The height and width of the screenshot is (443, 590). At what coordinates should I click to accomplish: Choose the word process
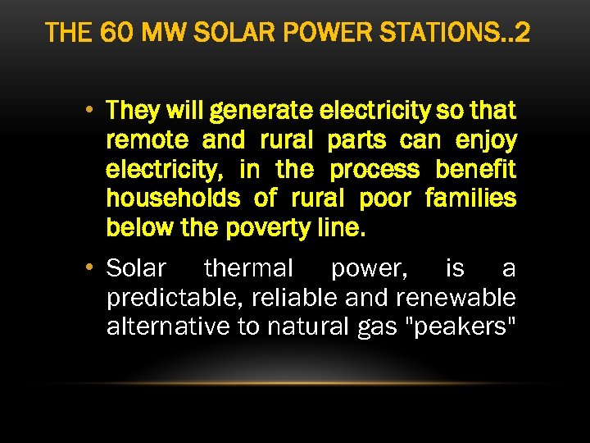tap(374, 170)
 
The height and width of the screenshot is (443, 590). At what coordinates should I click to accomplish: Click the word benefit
tap(476, 170)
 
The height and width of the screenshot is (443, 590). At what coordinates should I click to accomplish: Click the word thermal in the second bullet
tap(248, 267)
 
